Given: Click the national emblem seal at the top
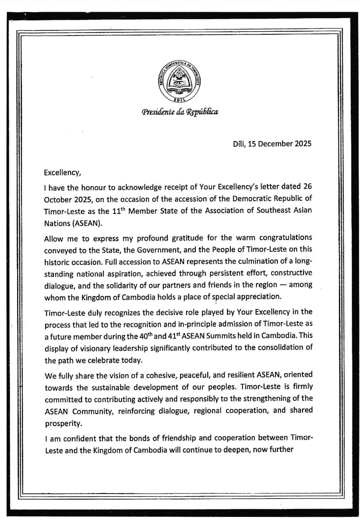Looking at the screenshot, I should click(x=180, y=82).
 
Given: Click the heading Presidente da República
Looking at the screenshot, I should click(x=180, y=112).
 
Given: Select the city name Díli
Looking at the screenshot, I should click(x=238, y=144).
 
